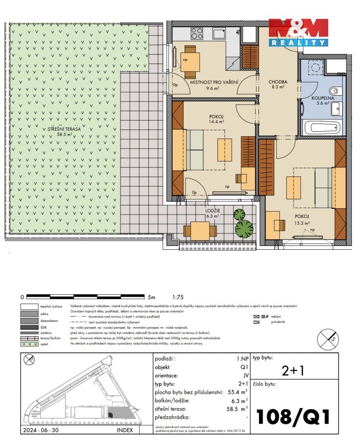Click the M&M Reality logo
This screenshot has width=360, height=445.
pyautogui.click(x=298, y=32)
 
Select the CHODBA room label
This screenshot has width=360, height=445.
pyautogui.click(x=277, y=82)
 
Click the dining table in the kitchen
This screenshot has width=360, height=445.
pyautogui.click(x=190, y=61)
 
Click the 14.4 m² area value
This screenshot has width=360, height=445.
pyautogui.click(x=216, y=122)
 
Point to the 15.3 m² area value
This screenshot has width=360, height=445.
pyautogui.click(x=301, y=222)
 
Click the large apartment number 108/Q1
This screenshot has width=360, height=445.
pyautogui.click(x=293, y=417)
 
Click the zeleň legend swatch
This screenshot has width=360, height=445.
pyautogui.click(x=29, y=344)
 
